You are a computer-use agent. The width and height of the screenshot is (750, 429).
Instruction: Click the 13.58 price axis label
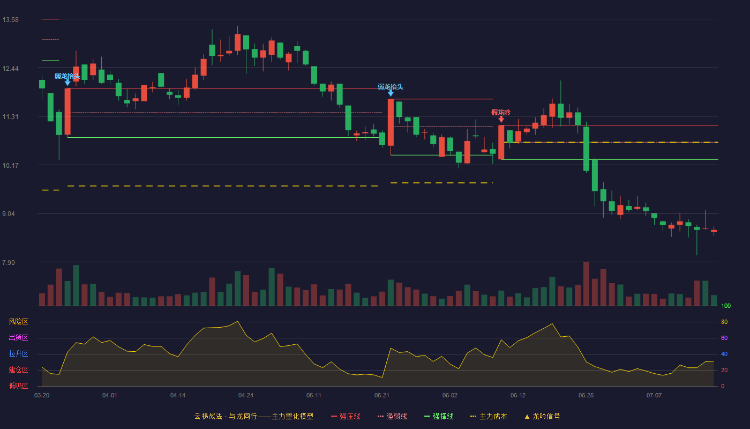click(x=10, y=20)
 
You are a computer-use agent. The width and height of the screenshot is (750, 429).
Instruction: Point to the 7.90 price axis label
click(x=9, y=262)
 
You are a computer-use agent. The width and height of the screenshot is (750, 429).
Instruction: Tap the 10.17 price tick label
click(x=10, y=165)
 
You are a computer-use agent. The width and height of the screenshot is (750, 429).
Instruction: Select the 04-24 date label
click(x=246, y=396)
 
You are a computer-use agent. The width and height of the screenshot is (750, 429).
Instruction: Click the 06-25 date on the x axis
click(x=586, y=396)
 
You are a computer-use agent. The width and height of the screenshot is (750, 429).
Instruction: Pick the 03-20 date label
click(x=42, y=396)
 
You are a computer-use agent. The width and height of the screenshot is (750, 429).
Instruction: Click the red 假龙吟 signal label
click(x=501, y=112)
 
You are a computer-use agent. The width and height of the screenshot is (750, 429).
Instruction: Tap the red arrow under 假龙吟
click(x=501, y=119)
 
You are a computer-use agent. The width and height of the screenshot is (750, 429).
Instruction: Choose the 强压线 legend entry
click(x=346, y=416)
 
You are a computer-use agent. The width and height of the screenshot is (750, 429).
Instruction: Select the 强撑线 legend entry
click(x=439, y=416)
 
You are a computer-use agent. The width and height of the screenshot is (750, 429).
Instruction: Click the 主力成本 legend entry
click(x=489, y=416)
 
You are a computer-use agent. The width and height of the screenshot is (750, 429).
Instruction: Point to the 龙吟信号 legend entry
click(x=542, y=416)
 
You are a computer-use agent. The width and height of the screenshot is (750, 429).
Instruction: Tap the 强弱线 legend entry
click(x=392, y=416)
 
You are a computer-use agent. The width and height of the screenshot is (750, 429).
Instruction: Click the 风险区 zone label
click(x=18, y=321)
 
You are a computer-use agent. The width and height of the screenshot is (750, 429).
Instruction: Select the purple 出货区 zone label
click(x=18, y=337)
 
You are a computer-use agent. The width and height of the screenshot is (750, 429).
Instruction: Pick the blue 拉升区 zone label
click(x=18, y=353)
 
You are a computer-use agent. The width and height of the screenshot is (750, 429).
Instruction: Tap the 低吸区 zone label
click(x=18, y=386)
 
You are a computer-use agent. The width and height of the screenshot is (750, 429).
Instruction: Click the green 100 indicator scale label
click(x=726, y=306)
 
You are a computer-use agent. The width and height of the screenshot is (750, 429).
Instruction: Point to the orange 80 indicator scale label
click(x=724, y=322)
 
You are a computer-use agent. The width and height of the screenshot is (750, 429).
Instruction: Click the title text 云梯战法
click(x=208, y=416)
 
